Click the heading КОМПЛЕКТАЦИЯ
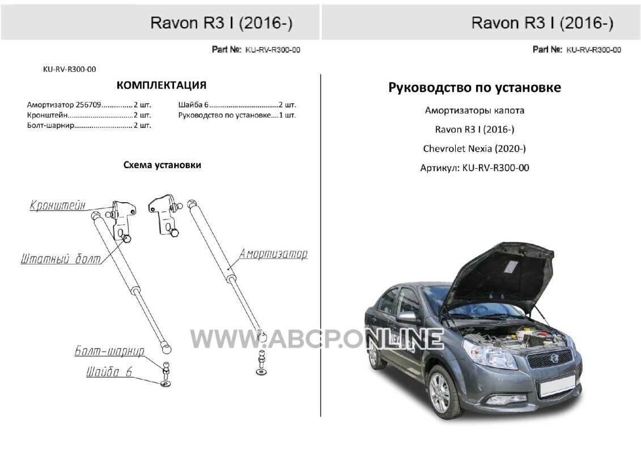(x=162, y=85)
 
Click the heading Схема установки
(x=162, y=165)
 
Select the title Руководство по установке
(x=474, y=88)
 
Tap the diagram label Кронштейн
(x=58, y=205)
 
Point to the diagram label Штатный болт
(x=61, y=259)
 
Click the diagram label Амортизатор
(x=273, y=254)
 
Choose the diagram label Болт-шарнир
(x=109, y=351)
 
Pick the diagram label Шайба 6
(x=109, y=371)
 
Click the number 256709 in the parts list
(x=89, y=105)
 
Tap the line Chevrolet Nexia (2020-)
(x=474, y=148)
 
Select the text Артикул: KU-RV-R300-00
(x=474, y=168)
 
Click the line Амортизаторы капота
(x=474, y=110)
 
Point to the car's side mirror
(x=406, y=318)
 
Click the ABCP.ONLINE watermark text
(x=317, y=339)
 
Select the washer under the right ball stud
(x=262, y=371)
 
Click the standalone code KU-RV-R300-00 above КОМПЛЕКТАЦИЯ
(x=70, y=70)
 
